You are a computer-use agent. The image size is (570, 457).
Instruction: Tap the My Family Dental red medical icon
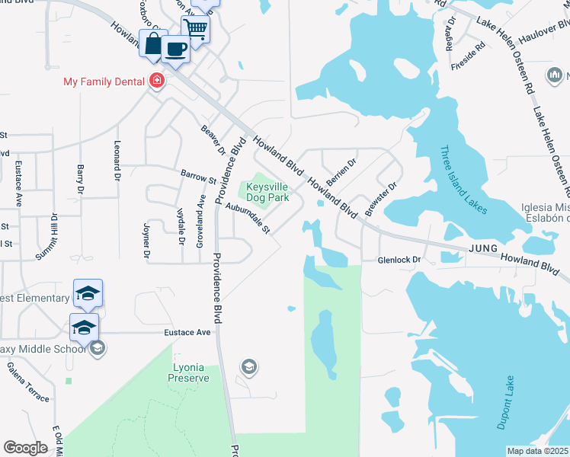click(x=157, y=81)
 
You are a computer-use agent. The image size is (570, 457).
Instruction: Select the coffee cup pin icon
click(x=176, y=50)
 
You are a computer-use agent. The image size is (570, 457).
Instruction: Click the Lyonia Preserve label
click(x=185, y=371)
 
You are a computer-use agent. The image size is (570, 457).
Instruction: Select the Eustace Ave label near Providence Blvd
click(x=187, y=333)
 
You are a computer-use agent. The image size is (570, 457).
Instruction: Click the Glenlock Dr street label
click(x=400, y=260)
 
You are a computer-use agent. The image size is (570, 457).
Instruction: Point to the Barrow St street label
click(x=198, y=177)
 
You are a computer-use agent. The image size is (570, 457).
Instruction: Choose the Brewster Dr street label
click(x=381, y=197)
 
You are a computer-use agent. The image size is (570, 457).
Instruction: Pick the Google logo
click(x=25, y=448)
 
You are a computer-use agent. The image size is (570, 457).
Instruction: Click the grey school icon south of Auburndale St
click(x=248, y=369)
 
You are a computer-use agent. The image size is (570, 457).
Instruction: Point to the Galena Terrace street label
click(x=28, y=382)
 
